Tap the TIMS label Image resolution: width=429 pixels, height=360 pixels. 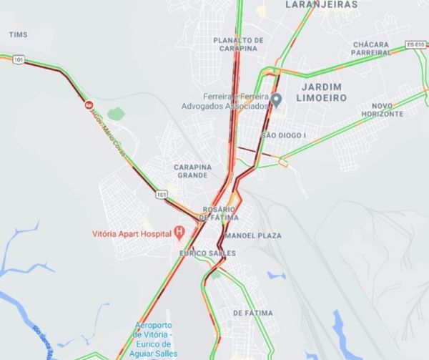(19, 34)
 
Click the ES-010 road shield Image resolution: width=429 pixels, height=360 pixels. (415, 44)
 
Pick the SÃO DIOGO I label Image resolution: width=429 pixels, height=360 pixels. (283, 135)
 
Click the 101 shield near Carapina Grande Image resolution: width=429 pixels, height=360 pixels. (162, 193)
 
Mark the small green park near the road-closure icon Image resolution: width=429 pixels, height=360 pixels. (116, 114)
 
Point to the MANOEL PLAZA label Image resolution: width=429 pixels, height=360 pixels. (253, 235)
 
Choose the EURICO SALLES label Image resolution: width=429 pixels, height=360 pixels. (207, 253)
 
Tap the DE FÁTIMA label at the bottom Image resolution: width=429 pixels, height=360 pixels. (254, 313)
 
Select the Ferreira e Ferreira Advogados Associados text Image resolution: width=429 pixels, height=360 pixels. (233, 101)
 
